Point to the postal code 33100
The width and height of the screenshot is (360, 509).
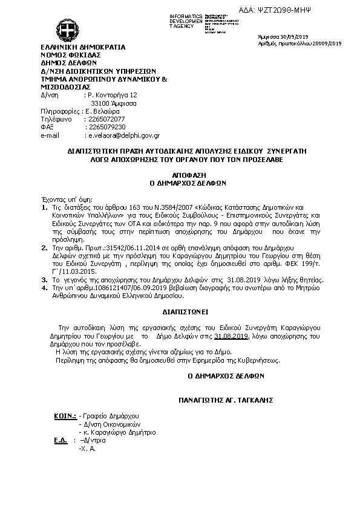tap(99, 103)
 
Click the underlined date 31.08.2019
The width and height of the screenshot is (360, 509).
tap(232, 335)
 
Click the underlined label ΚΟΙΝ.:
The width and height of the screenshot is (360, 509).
tap(64, 417)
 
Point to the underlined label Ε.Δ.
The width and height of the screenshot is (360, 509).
tap(60, 441)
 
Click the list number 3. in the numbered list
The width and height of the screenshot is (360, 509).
tap(44, 280)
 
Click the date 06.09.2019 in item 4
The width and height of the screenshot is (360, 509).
tap(134, 289)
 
